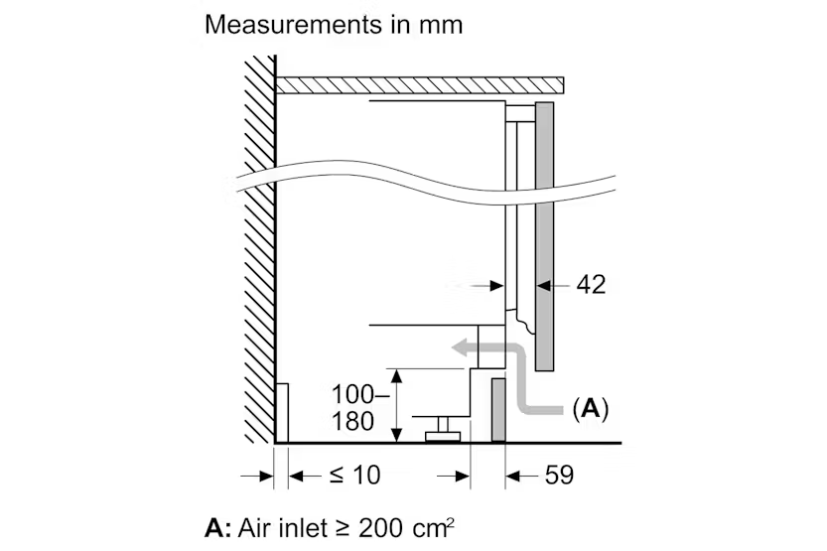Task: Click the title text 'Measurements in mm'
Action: pyautogui.click(x=334, y=24)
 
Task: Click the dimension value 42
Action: pyautogui.click(x=591, y=285)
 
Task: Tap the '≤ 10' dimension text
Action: pyautogui.click(x=354, y=476)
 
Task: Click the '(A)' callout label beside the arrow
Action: pyautogui.click(x=591, y=407)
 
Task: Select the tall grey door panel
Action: pyautogui.click(x=543, y=235)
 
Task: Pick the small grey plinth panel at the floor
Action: pyautogui.click(x=498, y=408)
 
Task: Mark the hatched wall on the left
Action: pyautogui.click(x=259, y=248)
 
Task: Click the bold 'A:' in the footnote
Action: pyautogui.click(x=217, y=526)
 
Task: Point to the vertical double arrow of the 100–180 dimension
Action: pyautogui.click(x=395, y=405)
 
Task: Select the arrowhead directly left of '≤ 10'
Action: pyautogui.click(x=296, y=477)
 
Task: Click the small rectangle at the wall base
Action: pyautogui.click(x=282, y=413)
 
